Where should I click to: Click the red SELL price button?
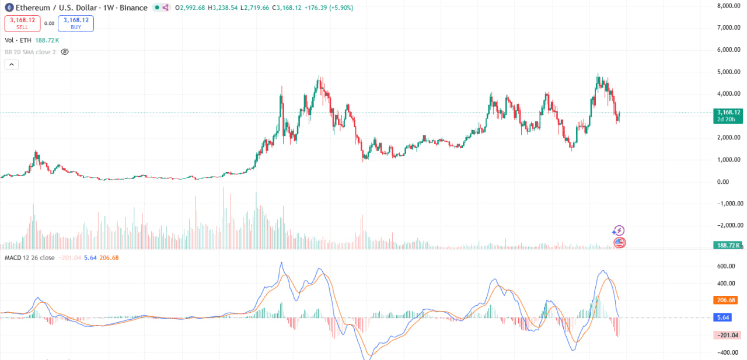click(22, 23)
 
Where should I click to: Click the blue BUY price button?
click(76, 23)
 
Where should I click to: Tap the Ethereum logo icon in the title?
click(9, 8)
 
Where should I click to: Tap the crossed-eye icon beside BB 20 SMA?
click(65, 52)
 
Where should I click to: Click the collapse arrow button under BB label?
click(12, 65)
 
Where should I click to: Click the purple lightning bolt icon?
click(619, 231)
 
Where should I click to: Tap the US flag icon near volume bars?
click(619, 242)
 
